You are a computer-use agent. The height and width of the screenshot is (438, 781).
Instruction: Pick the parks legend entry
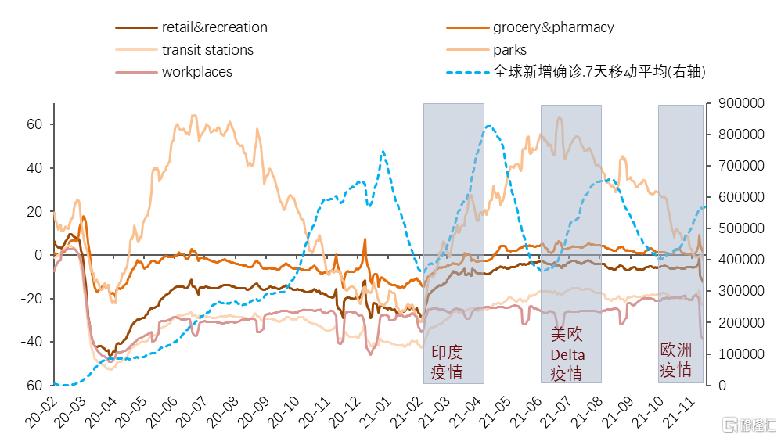click(x=509, y=50)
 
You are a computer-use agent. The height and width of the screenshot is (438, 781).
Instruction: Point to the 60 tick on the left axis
click(x=34, y=124)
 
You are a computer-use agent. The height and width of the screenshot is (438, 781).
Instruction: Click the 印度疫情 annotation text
click(x=447, y=362)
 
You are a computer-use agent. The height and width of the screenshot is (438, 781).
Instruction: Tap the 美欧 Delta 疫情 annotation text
click(x=567, y=354)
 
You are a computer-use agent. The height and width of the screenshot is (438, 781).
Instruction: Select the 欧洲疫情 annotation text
click(x=676, y=361)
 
